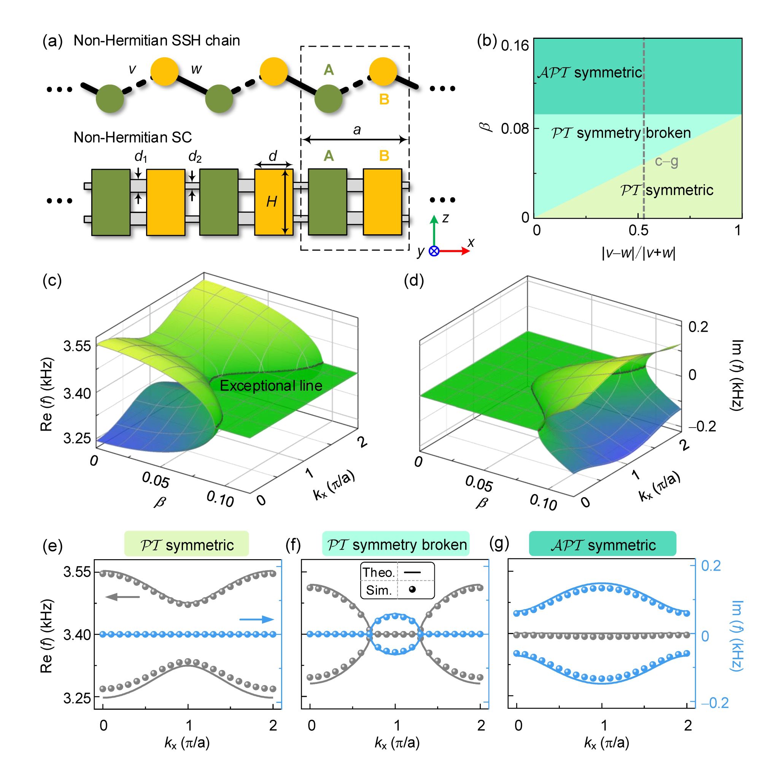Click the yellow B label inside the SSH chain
384,99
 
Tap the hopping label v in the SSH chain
132,69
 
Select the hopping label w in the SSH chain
196,69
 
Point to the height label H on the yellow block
271,201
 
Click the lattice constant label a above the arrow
356,130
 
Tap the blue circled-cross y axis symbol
434,251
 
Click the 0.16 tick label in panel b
515,46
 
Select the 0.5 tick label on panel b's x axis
638,231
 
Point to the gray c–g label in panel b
666,161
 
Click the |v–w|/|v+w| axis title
638,253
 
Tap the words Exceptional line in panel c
270,386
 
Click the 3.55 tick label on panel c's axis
77,346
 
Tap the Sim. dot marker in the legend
412,590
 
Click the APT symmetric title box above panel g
603,545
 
